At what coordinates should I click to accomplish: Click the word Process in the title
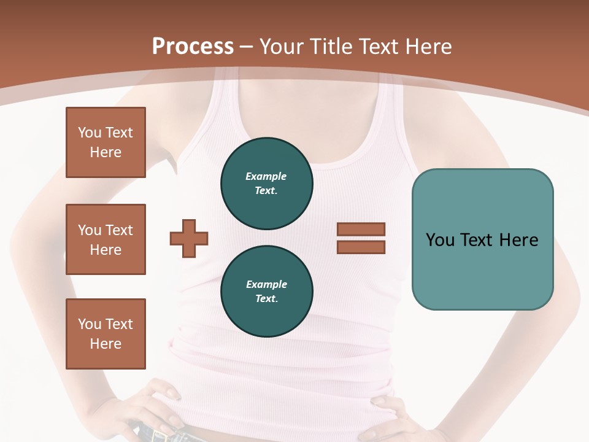pos(193,47)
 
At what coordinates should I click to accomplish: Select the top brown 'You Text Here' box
pos(106,142)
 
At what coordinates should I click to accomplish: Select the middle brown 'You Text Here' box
pos(106,239)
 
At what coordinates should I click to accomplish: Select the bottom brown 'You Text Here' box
pos(106,334)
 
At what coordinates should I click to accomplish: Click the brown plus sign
pos(189,238)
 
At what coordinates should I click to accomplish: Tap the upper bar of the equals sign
pos(361,230)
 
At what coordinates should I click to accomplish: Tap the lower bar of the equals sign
pos(361,247)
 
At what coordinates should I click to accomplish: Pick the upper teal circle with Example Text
pos(267,184)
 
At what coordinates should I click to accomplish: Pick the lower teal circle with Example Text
pos(267,292)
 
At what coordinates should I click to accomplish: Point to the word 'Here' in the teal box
pos(518,240)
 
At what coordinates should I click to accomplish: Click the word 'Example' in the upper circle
pos(266,176)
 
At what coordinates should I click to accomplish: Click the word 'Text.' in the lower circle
pos(266,299)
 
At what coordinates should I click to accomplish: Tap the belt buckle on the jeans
pos(161,435)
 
